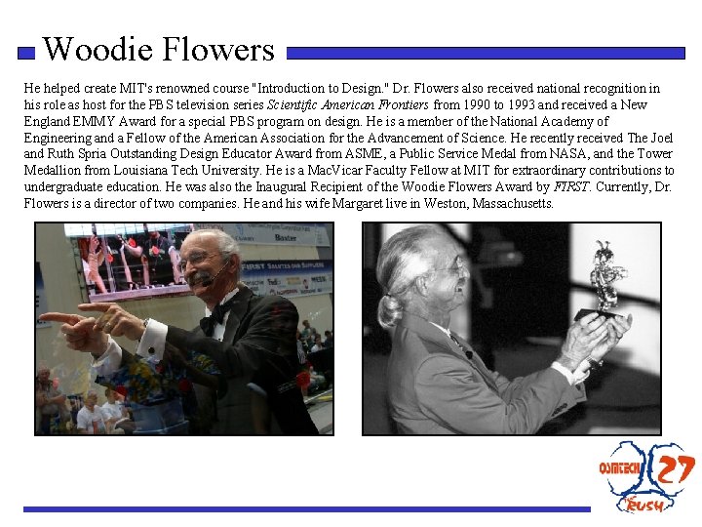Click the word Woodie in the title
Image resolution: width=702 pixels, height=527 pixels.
(93, 49)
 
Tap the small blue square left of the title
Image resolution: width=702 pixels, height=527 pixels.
(27, 54)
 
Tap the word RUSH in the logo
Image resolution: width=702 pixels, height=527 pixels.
(645, 505)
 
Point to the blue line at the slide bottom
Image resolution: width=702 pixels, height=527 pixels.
(306, 508)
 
